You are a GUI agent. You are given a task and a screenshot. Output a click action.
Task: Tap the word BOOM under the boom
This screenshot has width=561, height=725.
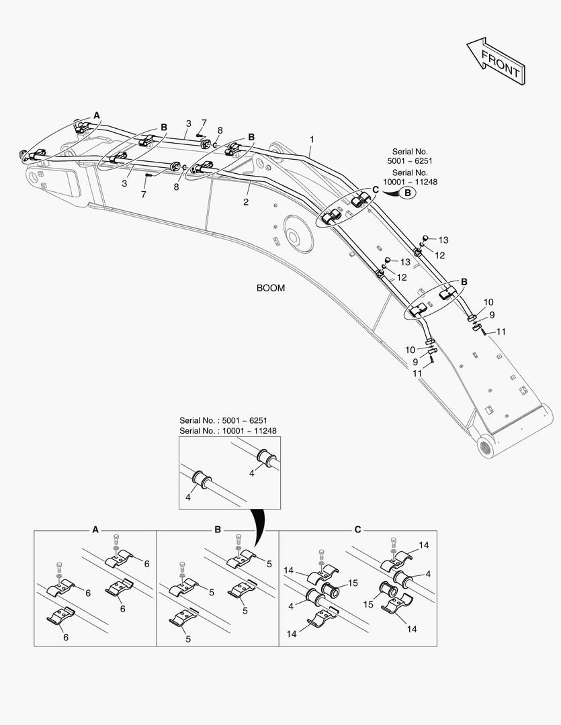(270, 288)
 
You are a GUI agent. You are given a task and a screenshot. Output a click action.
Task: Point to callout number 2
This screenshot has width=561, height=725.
(246, 201)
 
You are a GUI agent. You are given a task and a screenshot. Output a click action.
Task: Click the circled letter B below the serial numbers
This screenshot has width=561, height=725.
(408, 193)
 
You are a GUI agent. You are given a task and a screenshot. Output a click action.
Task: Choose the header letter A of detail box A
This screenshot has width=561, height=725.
(95, 530)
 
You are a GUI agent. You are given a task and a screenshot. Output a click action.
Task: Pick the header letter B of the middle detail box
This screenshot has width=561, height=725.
(218, 530)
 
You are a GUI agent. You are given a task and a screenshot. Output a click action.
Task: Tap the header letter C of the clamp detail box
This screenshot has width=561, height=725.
(357, 530)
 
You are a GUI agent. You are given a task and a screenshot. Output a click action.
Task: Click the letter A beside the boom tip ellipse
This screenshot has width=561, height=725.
(97, 115)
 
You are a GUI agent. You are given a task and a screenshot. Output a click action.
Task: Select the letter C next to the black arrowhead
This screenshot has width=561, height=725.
(376, 190)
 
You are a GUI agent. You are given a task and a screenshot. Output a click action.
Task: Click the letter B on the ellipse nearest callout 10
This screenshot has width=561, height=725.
(464, 282)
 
